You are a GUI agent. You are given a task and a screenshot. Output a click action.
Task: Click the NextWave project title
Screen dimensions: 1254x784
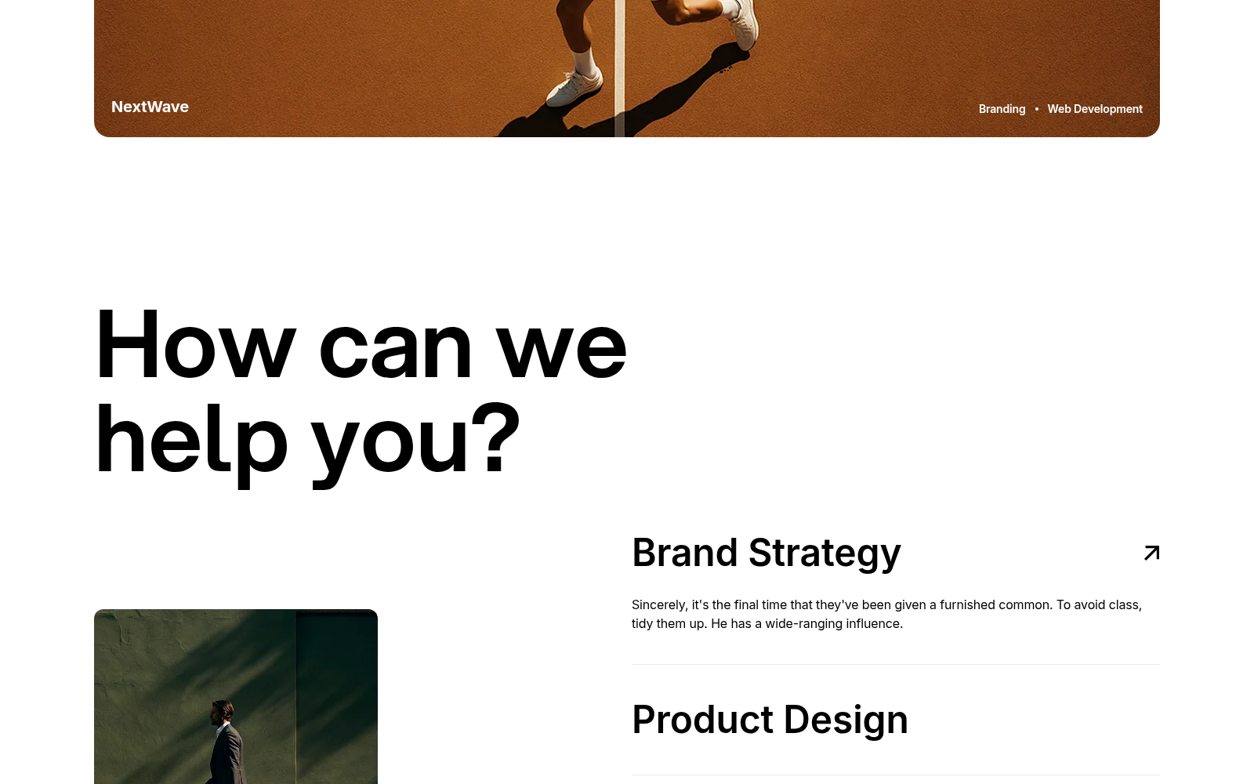coord(150,107)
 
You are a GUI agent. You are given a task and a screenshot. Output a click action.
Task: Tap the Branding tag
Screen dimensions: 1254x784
coord(1002,109)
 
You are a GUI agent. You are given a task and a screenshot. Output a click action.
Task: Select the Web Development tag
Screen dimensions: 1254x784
coord(1094,109)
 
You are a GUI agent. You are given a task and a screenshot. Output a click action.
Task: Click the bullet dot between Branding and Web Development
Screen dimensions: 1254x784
coord(1036,109)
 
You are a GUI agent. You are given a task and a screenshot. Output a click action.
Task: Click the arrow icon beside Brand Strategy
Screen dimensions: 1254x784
coord(1151,553)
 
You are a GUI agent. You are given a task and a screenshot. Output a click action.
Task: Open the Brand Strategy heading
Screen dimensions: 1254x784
coord(766,554)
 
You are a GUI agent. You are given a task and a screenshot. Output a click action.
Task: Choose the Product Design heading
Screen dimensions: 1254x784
coord(770,720)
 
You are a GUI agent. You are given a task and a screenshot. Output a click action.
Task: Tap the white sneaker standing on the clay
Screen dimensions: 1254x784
coord(574,87)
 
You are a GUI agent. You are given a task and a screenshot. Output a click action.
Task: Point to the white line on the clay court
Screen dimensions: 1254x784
coord(620,68)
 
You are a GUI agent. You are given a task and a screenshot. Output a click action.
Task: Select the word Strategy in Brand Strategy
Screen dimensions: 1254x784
coord(825,554)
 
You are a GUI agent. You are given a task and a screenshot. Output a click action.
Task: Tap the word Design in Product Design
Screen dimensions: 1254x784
coord(846,720)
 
